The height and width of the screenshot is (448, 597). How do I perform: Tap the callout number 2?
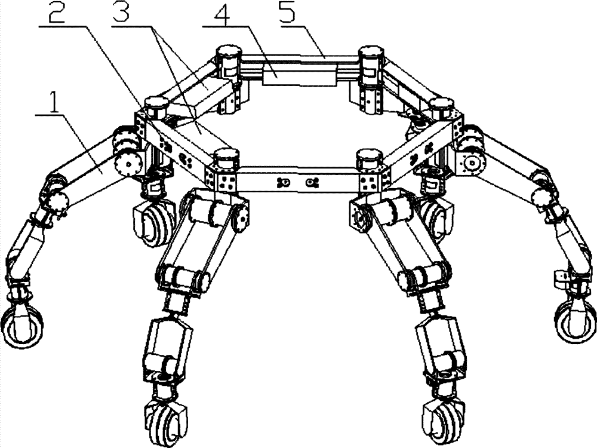click(57, 11)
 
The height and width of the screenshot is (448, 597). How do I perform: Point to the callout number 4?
click(224, 16)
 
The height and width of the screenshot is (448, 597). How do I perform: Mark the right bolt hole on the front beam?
click(312, 183)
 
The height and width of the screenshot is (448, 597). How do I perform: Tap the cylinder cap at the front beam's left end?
click(226, 157)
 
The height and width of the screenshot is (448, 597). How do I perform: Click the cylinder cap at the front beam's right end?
click(370, 157)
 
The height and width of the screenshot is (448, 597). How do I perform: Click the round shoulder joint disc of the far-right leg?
click(472, 163)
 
